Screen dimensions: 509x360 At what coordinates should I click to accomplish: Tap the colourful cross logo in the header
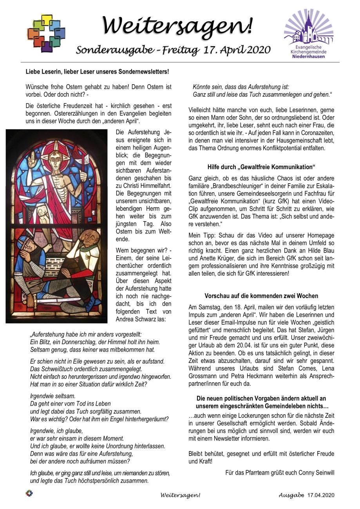pyautogui.click(x=46, y=33)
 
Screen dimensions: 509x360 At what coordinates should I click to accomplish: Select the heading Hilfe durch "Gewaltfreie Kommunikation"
pyautogui.click(x=261, y=167)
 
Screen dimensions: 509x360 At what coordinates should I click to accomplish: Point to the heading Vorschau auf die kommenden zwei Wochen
pyautogui.click(x=261, y=296)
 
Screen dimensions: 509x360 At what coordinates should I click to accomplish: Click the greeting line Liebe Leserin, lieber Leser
pyautogui.click(x=97, y=72)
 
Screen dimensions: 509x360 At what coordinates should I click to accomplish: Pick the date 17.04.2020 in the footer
pyautogui.click(x=321, y=495)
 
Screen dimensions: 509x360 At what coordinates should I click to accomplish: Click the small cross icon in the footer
pyautogui.click(x=29, y=493)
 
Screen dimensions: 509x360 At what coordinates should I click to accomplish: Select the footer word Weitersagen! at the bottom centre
pyautogui.click(x=180, y=495)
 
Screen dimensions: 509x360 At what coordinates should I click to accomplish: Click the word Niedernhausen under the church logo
pyautogui.click(x=308, y=56)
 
